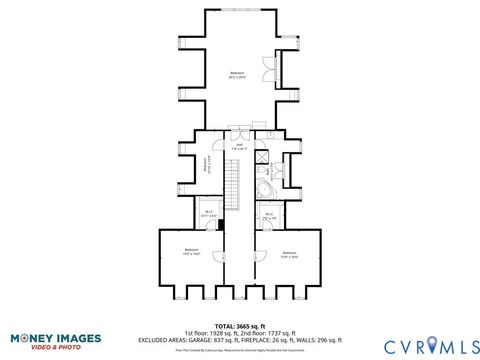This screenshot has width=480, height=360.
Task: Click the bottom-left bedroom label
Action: pyautogui.click(x=191, y=251)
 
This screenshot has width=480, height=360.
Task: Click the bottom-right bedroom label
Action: pyautogui.click(x=289, y=254)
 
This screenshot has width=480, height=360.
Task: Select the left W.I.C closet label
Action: pyautogui.click(x=210, y=213)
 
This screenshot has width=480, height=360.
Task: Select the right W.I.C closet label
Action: pyautogui.click(x=270, y=214)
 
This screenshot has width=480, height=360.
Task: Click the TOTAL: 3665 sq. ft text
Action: pyautogui.click(x=240, y=325)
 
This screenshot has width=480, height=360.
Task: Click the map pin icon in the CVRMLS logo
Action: pyautogui.click(x=432, y=343)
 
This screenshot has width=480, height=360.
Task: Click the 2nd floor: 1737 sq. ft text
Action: pyautogui.click(x=271, y=332)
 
